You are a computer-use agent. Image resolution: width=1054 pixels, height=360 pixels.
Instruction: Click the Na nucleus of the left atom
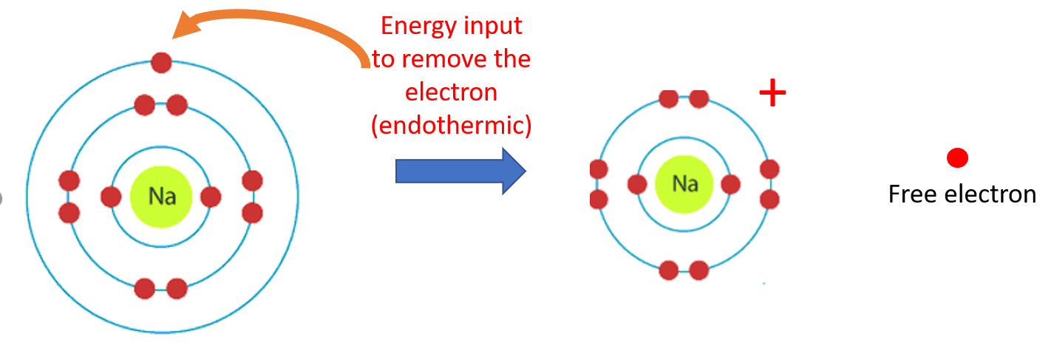click(x=161, y=196)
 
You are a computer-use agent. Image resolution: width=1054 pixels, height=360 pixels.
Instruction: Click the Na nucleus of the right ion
click(x=684, y=183)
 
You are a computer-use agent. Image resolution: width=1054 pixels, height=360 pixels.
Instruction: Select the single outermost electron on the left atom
click(x=161, y=62)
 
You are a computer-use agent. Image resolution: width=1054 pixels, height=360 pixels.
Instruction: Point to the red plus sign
click(x=772, y=93)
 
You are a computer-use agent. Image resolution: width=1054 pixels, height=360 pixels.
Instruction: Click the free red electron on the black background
click(x=957, y=157)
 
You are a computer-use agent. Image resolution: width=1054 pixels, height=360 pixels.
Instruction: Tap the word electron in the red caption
click(x=451, y=92)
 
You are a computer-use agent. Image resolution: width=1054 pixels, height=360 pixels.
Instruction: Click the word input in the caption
click(x=496, y=26)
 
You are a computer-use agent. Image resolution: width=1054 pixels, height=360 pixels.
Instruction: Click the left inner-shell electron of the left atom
click(x=111, y=197)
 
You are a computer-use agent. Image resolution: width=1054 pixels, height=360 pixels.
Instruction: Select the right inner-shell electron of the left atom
click(x=211, y=197)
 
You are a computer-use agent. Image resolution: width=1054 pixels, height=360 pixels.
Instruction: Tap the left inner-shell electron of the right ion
click(x=638, y=184)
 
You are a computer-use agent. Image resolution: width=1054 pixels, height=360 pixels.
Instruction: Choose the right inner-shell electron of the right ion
click(x=730, y=184)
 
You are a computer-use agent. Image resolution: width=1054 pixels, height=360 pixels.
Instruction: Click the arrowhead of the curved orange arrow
click(x=183, y=28)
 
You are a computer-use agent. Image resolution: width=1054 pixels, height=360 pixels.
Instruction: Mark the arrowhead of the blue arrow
click(x=513, y=171)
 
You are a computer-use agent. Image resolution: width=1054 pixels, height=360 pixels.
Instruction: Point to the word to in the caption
click(x=384, y=59)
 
